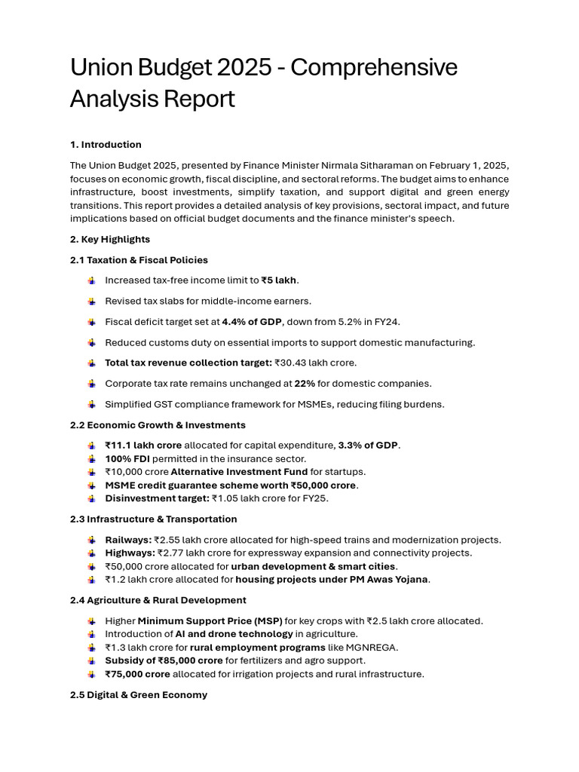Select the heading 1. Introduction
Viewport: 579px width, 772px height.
tap(106, 145)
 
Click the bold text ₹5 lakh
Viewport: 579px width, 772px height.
tap(279, 280)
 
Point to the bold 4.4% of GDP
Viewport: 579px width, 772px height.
tap(252, 322)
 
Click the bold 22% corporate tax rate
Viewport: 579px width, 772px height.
tap(305, 384)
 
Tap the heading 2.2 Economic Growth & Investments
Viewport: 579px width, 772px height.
tap(158, 425)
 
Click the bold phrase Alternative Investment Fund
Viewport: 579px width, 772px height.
tap(239, 472)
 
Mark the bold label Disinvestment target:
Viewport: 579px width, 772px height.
tap(157, 498)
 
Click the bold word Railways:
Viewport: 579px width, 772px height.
tap(128, 540)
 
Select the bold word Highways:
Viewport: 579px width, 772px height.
tap(130, 553)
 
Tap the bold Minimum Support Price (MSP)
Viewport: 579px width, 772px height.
tap(210, 621)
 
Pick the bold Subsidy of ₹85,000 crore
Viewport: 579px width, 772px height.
tap(164, 660)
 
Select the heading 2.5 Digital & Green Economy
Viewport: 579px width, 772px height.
tap(139, 695)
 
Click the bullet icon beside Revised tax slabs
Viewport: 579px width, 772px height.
tap(91, 302)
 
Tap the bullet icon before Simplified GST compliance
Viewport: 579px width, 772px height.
tap(91, 405)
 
